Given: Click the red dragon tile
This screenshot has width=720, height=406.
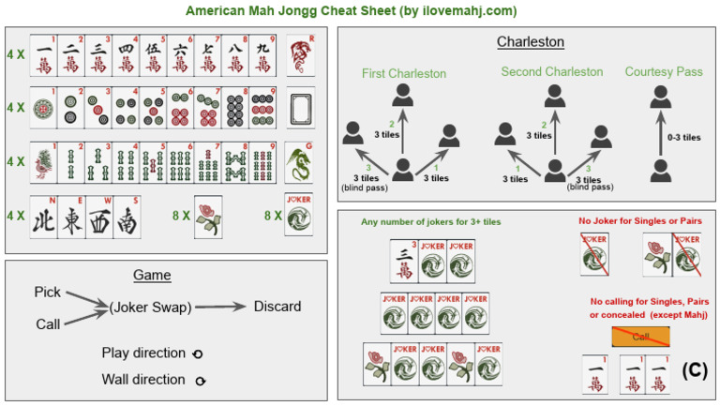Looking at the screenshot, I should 299,55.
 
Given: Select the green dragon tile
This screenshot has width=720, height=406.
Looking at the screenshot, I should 299,161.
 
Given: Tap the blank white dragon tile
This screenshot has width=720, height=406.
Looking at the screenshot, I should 299,109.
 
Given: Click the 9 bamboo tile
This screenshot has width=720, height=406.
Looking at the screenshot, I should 264,161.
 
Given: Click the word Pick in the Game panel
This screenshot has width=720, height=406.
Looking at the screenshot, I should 47,293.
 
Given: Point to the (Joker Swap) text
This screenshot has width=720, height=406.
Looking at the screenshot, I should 150,308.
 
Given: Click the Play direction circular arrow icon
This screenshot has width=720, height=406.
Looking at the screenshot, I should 194,354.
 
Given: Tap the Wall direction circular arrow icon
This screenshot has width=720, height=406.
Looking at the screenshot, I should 201,381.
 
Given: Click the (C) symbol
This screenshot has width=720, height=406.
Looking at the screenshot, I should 694,368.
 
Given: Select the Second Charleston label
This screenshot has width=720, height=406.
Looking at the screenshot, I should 552,72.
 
